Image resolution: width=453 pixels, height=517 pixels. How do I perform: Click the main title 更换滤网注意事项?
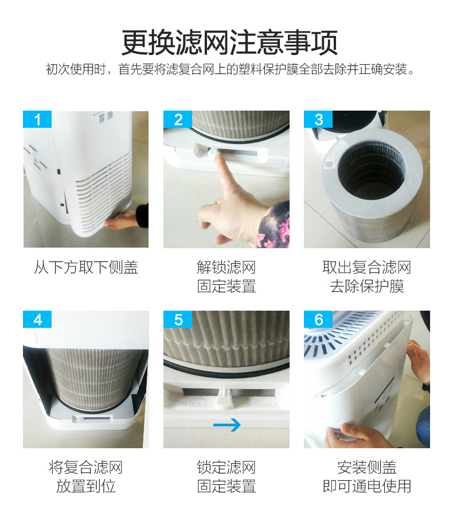click(x=229, y=42)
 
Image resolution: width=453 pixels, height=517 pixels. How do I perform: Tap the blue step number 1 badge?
click(x=37, y=119)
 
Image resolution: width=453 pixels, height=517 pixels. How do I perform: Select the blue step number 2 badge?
click(x=178, y=119)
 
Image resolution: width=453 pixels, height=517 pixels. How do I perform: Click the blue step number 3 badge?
click(x=318, y=119)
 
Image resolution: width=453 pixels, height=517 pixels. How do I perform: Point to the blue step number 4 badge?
click(x=37, y=319)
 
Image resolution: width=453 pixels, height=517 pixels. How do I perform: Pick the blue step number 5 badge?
click(x=178, y=319)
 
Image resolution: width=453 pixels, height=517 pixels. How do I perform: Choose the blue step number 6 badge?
click(x=318, y=319)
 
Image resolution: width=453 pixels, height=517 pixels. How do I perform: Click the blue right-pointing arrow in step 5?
click(x=227, y=425)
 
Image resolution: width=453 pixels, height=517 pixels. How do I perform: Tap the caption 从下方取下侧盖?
click(x=86, y=267)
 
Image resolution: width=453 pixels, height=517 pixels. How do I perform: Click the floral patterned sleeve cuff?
click(x=274, y=225)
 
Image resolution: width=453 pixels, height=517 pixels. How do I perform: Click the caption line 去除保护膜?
click(x=367, y=286)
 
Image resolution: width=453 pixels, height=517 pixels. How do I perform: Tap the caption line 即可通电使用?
click(x=367, y=486)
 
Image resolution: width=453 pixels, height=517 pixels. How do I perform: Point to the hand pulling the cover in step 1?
click(x=122, y=220)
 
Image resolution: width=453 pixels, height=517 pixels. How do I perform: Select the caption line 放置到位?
click(x=86, y=486)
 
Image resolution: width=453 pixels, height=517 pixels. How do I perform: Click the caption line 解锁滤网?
click(x=226, y=267)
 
